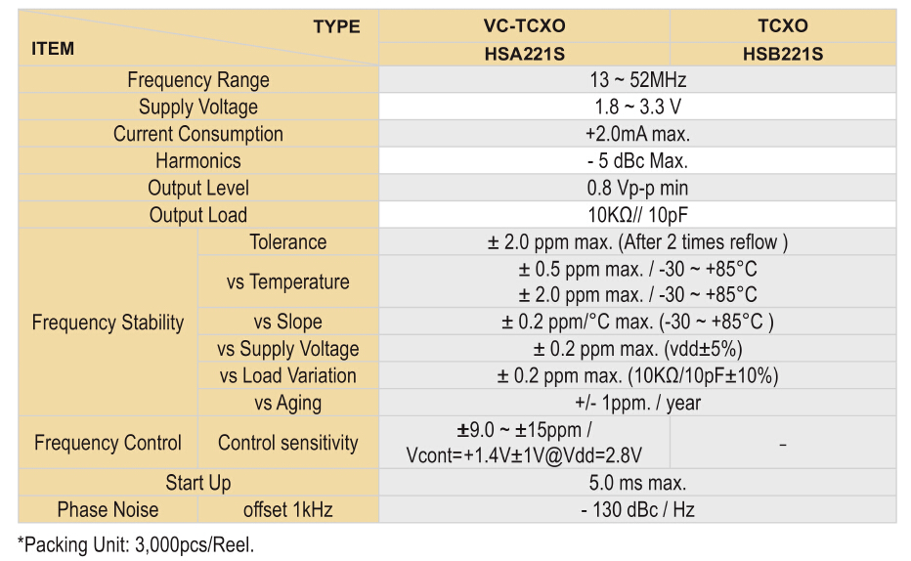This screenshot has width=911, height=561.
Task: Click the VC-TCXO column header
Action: tap(524, 26)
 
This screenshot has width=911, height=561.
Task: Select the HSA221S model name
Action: tap(524, 54)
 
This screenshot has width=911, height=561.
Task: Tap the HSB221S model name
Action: tap(782, 54)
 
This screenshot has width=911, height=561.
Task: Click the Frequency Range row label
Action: tap(198, 80)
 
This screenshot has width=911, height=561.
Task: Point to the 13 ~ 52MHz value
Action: tap(637, 80)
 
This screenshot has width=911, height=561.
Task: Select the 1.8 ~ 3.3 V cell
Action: tap(637, 107)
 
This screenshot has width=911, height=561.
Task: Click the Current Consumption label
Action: tap(198, 134)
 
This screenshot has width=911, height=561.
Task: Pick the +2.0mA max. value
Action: tap(637, 134)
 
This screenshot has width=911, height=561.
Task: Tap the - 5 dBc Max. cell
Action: tap(637, 161)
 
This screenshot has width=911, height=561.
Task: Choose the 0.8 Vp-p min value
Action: tap(637, 188)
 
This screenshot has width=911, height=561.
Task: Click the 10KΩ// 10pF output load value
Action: tap(637, 215)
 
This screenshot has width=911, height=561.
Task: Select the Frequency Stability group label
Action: tap(108, 323)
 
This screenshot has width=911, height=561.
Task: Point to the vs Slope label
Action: tap(287, 322)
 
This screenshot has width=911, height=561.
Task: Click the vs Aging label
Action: tap(287, 403)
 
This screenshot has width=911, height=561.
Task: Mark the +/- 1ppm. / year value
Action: tap(637, 403)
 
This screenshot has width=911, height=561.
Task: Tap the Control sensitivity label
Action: tap(287, 443)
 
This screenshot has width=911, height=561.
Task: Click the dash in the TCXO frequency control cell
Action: tap(783, 445)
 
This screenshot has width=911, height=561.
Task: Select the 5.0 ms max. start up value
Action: tap(637, 483)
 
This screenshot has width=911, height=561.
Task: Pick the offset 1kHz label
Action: tap(287, 509)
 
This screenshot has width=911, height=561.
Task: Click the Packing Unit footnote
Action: tap(136, 544)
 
